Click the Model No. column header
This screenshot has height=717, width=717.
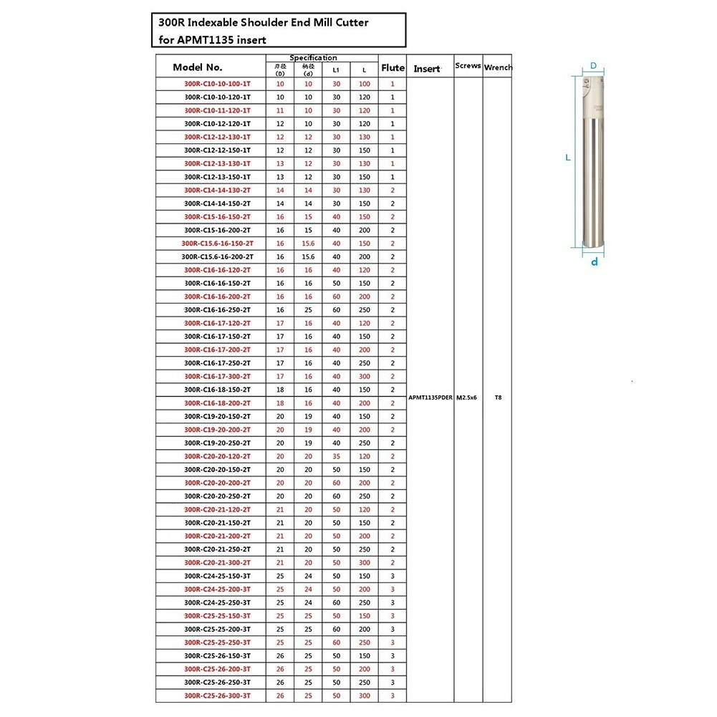click(198, 68)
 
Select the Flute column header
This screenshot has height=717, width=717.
click(393, 68)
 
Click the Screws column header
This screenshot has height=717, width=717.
click(468, 66)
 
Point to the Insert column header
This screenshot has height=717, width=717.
click(427, 69)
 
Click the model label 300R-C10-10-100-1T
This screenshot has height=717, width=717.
click(217, 84)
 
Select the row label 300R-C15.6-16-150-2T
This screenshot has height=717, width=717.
click(217, 244)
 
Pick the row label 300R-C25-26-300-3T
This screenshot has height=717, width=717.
click(217, 696)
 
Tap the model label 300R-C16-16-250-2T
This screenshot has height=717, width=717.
click(217, 310)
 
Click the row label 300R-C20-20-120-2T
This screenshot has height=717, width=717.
click(217, 456)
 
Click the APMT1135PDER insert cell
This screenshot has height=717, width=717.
click(430, 397)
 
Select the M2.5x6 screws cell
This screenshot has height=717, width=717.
click(468, 397)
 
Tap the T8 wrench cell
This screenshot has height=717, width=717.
click(498, 397)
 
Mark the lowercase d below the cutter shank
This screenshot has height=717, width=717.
click(594, 262)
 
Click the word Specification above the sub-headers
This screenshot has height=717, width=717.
click(313, 58)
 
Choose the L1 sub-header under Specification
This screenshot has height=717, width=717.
click(336, 71)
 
